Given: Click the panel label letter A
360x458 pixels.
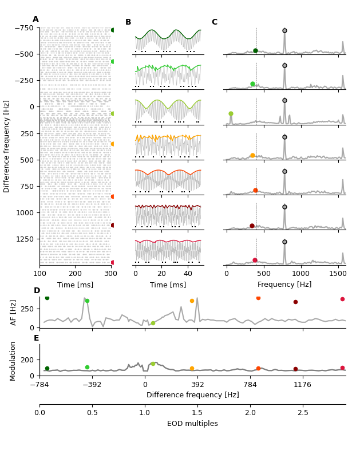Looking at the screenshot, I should [x=35, y=19].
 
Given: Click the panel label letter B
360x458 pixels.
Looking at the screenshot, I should [x=128, y=22].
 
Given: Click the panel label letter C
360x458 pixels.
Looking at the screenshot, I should [x=214, y=22].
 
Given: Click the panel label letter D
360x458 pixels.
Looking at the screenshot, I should [x=37, y=291].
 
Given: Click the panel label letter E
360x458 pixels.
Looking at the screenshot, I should [x=37, y=338].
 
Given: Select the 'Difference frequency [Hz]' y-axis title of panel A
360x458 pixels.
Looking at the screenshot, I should [x=7, y=146].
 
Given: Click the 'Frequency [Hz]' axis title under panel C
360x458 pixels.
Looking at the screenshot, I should [x=284, y=285].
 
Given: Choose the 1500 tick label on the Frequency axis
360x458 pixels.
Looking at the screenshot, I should [x=338, y=275].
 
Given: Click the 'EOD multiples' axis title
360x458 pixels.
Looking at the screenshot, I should [x=192, y=424].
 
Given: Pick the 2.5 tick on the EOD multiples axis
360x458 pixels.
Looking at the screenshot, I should [x=303, y=413].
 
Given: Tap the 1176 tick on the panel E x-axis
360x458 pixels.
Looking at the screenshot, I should [x=303, y=385].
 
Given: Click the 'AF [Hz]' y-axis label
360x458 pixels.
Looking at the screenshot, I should [x=14, y=312].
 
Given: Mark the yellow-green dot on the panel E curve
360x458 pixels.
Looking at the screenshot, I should [x=153, y=364].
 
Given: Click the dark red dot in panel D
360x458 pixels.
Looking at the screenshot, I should [x=295, y=302].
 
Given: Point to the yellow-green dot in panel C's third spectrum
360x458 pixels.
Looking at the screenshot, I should [x=231, y=114].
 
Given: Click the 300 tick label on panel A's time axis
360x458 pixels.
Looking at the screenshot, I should [x=111, y=275].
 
